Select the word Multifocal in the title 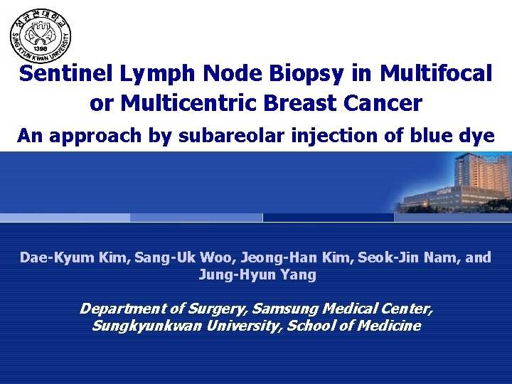tap(436, 74)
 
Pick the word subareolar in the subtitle tap(228, 135)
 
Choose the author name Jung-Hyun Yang tap(257, 274)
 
